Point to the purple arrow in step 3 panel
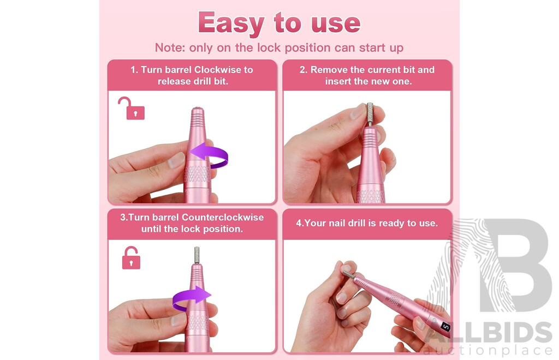pos(192,298)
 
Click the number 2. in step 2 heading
pos(304,70)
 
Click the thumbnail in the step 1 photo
pos(176,160)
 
